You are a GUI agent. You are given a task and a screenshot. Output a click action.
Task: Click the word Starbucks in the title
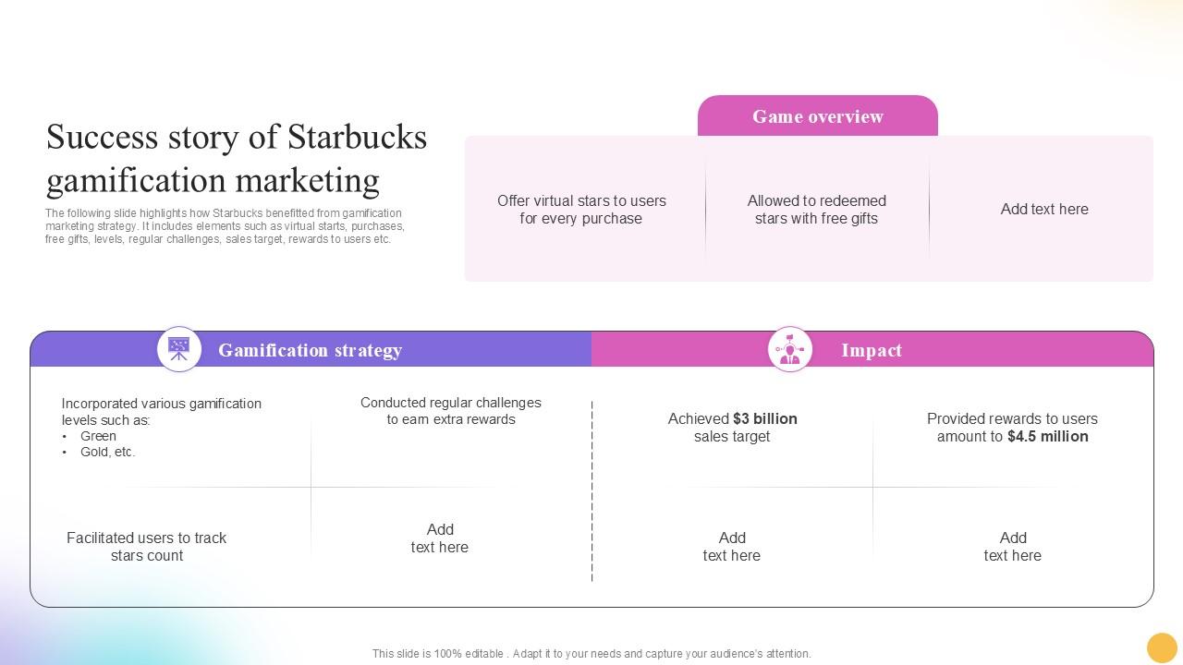coord(357,138)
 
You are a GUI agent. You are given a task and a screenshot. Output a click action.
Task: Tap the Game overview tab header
coord(817,116)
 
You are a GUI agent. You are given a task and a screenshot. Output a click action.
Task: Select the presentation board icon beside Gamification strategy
coord(179,349)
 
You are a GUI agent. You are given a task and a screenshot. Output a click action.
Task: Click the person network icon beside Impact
coord(789,349)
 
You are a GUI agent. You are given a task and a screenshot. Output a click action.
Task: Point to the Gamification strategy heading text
coord(310,350)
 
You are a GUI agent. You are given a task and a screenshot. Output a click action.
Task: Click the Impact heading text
coord(871,350)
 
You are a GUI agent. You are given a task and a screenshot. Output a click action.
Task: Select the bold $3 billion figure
coord(764,418)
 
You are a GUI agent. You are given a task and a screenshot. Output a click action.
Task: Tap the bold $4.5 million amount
coord(1047,436)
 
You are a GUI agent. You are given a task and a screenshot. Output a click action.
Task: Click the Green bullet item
coord(98,436)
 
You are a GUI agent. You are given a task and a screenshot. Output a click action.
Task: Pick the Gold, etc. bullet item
coord(107,452)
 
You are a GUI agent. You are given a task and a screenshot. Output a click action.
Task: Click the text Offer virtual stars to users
coord(581,200)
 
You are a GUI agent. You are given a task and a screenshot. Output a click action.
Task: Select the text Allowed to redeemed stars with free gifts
coord(816,210)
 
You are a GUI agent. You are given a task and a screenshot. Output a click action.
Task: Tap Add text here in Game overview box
coord(1043,209)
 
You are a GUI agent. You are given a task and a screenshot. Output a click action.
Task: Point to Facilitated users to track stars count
coord(146,546)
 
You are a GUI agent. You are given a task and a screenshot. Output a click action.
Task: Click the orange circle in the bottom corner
coord(1161,647)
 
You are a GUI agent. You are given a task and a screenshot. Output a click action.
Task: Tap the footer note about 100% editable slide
coord(591,653)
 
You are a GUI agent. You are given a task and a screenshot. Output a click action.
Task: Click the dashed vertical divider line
coord(591,490)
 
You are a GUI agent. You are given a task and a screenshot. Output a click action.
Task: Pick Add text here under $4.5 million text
coord(1012,546)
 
